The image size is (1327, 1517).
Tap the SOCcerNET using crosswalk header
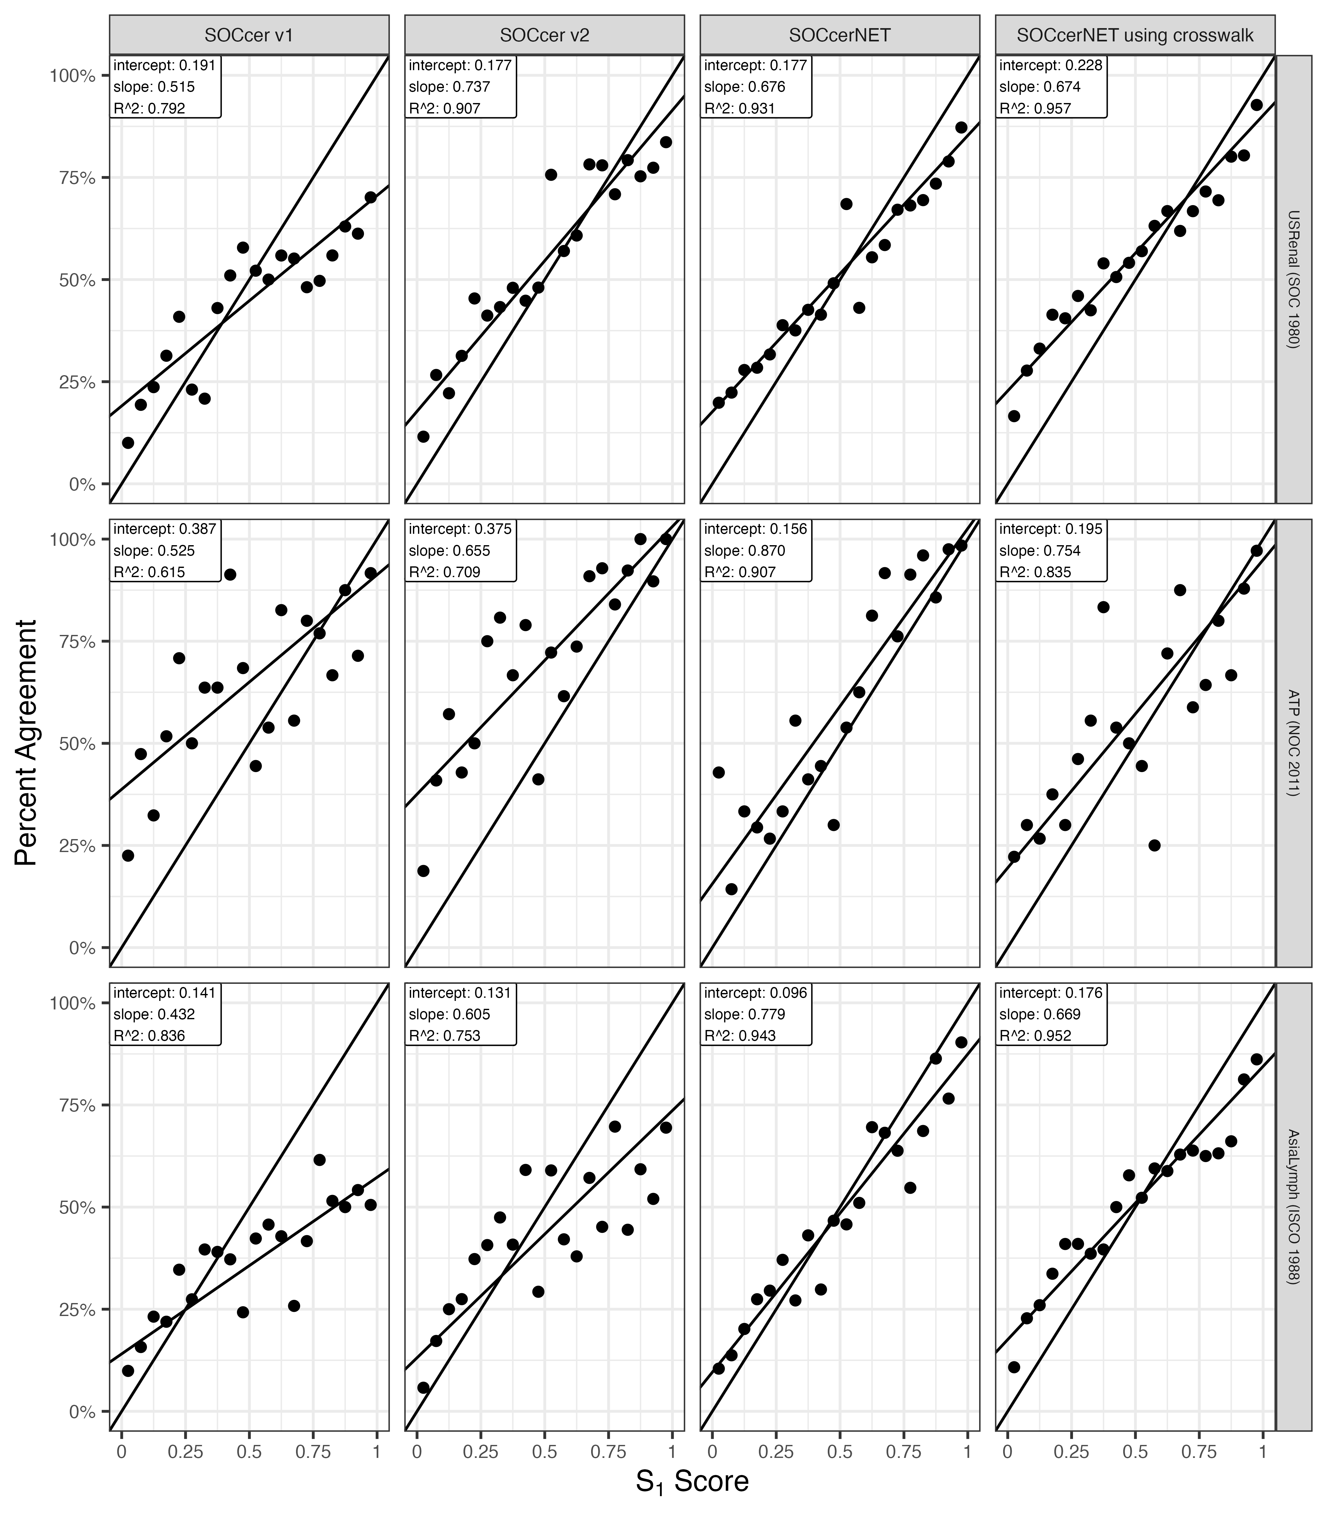(x=1135, y=35)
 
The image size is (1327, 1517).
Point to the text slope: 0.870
(x=744, y=550)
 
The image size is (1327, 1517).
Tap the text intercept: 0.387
(x=164, y=529)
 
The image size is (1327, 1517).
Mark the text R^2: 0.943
(x=740, y=1036)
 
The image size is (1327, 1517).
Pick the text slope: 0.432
(x=154, y=1014)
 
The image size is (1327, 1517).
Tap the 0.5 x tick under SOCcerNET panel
(x=840, y=1450)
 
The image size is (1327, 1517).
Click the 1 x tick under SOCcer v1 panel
(x=377, y=1450)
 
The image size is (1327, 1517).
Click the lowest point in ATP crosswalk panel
(x=1154, y=845)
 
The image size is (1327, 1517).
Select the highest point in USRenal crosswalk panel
(x=1256, y=104)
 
